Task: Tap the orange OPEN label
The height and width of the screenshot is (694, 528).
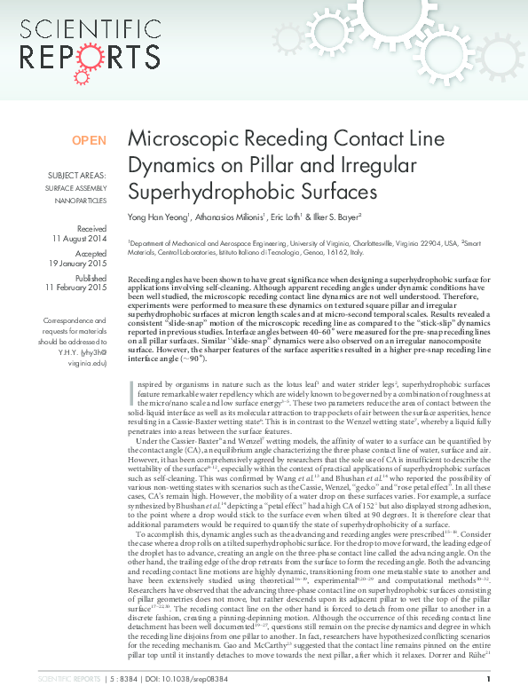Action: [89, 140]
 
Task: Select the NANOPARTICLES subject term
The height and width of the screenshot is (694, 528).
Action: [81, 201]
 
